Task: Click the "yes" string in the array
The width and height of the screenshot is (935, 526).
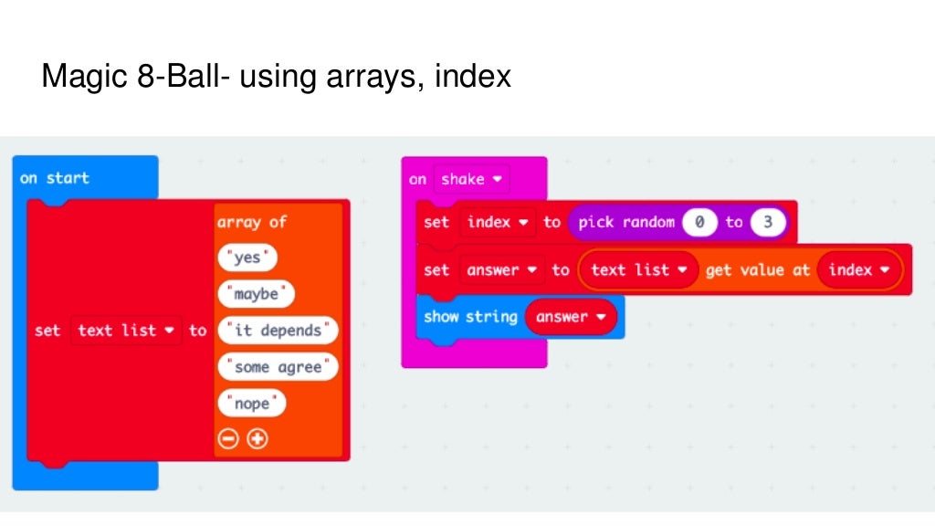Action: point(247,258)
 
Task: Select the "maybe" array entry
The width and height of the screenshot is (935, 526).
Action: point(256,294)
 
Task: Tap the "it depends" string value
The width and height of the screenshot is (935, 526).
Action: point(278,331)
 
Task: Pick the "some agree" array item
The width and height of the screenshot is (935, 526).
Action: point(278,367)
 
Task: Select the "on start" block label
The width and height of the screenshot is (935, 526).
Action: point(55,178)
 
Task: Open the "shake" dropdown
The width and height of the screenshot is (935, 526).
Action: point(471,179)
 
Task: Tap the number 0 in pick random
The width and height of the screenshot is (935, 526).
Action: point(699,222)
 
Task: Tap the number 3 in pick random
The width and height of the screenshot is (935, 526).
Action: point(768,222)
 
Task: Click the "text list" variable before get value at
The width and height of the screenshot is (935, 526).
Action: point(638,269)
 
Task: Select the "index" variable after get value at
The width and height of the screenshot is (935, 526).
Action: point(859,269)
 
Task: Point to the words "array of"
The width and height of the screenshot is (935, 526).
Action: point(252,222)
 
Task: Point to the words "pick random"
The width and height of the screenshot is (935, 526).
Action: point(626,222)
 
